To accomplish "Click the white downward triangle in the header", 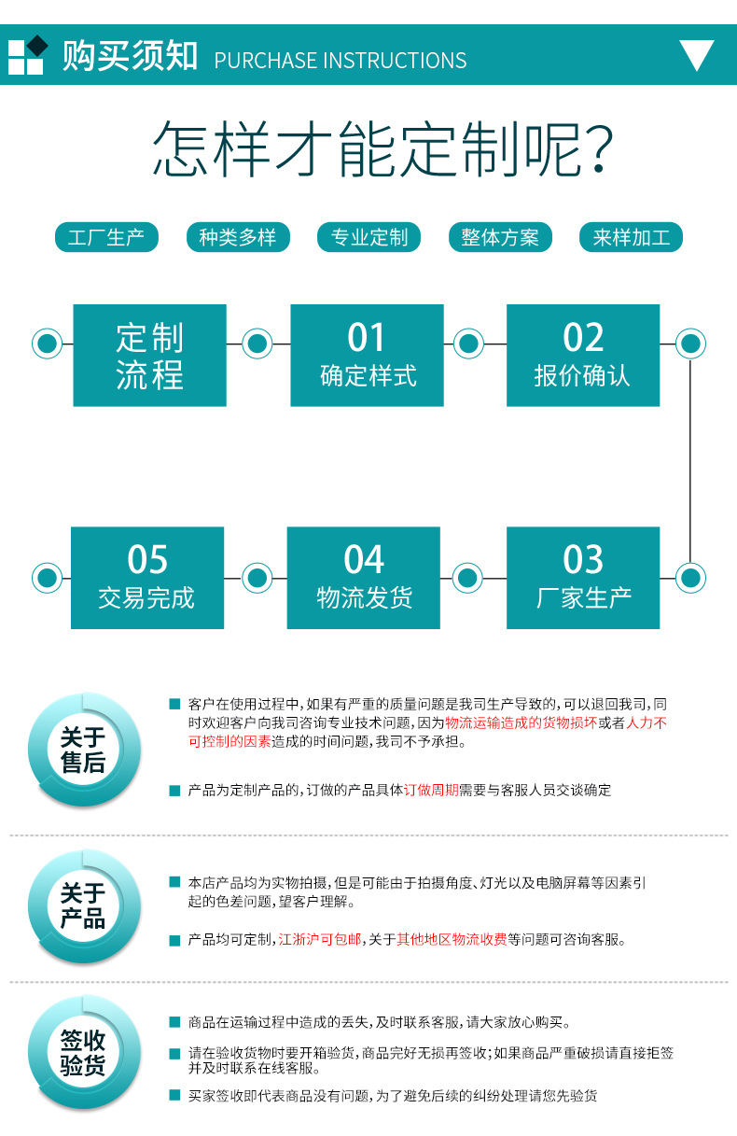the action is click(x=697, y=53).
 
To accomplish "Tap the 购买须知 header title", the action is click(x=130, y=55).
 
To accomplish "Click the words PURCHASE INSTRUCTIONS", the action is click(x=341, y=61).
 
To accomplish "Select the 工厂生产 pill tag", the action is click(x=106, y=237).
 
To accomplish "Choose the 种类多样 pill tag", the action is click(x=238, y=237).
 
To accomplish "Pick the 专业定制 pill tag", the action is click(x=369, y=237).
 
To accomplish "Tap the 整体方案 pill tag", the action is click(x=500, y=237).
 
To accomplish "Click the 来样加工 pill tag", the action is click(x=631, y=237).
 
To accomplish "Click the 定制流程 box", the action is click(x=149, y=355).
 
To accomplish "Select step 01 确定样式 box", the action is click(x=367, y=355).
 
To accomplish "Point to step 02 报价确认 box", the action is click(x=583, y=355).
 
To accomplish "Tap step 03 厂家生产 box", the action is click(x=583, y=578).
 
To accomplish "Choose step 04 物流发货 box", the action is click(x=364, y=578).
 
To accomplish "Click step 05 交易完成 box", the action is click(x=147, y=578).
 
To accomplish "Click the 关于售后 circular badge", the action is click(x=84, y=750).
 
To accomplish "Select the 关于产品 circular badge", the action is click(x=84, y=906).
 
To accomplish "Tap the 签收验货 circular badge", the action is click(x=84, y=1052).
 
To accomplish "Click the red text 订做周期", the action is click(x=431, y=790).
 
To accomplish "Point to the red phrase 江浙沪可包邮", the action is click(x=320, y=940).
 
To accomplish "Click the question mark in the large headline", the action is click(x=599, y=149).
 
